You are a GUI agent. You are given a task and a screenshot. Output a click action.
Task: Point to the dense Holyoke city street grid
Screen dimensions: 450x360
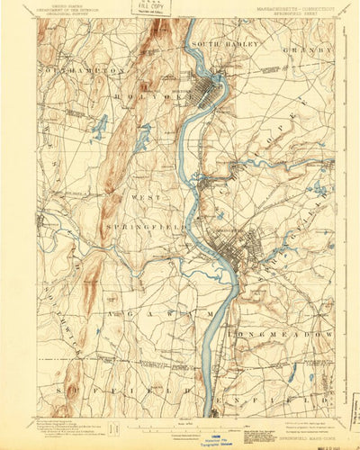216,90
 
